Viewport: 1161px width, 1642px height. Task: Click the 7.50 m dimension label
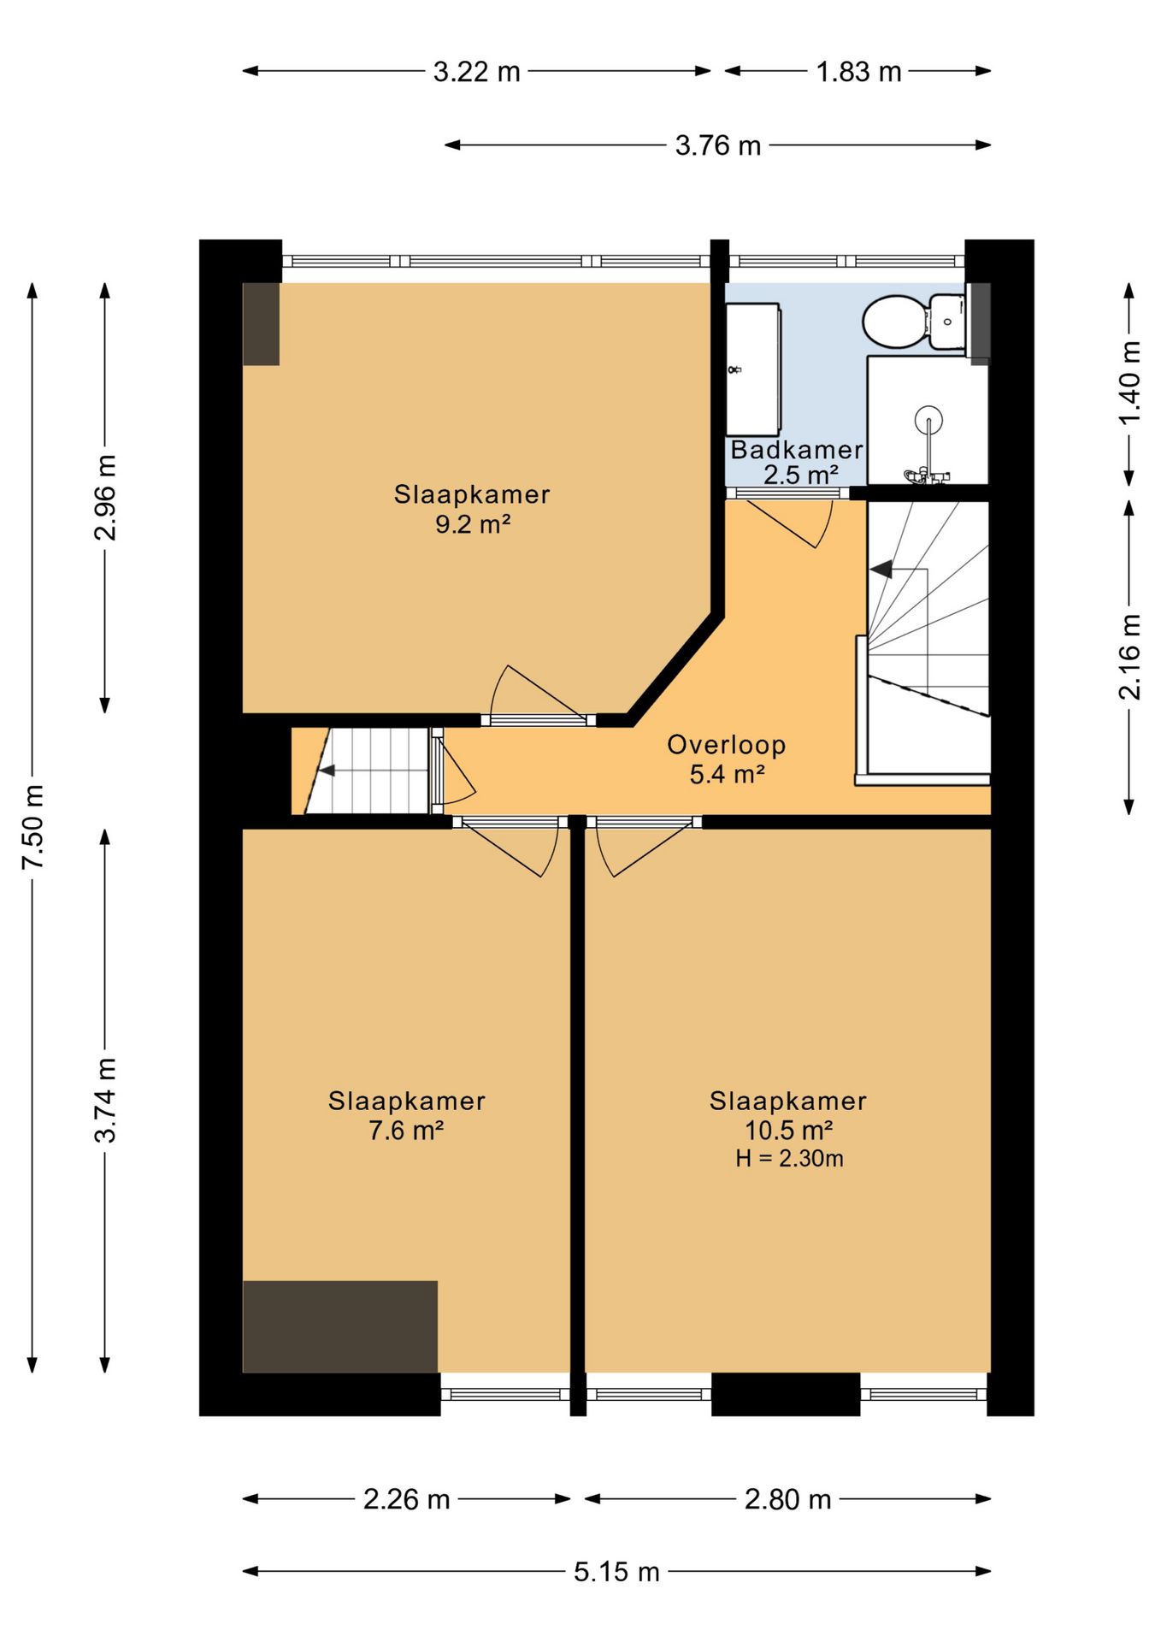32,827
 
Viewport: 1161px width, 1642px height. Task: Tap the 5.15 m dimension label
616,1571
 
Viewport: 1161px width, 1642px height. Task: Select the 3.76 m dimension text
718,145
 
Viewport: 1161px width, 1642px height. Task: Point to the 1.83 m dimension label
858,72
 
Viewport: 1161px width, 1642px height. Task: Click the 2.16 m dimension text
1129,657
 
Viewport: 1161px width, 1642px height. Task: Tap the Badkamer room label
796,449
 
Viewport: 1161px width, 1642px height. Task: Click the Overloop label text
726,744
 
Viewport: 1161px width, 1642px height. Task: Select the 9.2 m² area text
473,523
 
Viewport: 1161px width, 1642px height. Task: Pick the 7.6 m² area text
406,1130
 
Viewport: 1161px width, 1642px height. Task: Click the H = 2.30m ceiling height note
789,1158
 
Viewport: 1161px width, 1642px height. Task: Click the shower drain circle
928,420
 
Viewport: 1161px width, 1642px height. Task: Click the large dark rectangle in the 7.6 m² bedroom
340,1326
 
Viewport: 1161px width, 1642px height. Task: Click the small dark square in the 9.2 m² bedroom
261,324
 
